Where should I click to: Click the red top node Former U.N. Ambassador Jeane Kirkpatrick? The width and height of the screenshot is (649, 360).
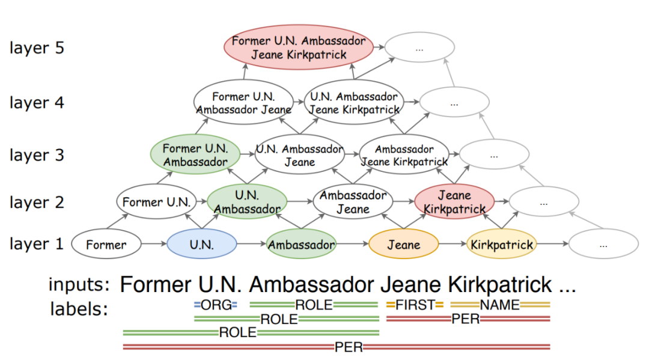[x=299, y=47]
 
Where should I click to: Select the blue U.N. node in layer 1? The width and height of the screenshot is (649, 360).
[x=202, y=245]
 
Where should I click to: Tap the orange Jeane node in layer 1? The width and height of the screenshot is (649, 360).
[x=403, y=245]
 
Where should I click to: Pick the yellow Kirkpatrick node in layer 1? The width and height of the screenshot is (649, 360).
[x=501, y=245]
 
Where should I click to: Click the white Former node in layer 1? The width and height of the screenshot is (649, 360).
[x=106, y=245]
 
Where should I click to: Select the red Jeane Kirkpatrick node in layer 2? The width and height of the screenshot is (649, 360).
[x=454, y=202]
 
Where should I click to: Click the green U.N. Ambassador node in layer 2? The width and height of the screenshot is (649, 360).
[x=247, y=202]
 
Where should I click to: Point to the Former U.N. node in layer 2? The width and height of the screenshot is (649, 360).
[x=156, y=202]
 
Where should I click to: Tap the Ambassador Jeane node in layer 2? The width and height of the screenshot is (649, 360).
[x=353, y=202]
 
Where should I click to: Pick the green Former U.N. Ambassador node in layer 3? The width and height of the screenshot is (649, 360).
[x=196, y=155]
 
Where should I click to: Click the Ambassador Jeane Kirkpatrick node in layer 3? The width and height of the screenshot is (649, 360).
[x=404, y=155]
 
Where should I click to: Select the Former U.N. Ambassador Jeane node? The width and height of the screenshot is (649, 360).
[x=243, y=103]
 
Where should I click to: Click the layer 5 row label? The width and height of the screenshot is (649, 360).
[x=37, y=48]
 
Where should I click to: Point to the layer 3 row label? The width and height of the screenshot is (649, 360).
[x=37, y=155]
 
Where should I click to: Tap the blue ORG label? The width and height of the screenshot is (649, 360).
[x=216, y=305]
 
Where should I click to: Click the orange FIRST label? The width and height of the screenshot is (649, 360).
[x=415, y=305]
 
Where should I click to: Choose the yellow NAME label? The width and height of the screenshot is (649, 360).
[x=499, y=305]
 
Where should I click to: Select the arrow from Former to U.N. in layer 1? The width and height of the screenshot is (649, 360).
[x=154, y=245]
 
